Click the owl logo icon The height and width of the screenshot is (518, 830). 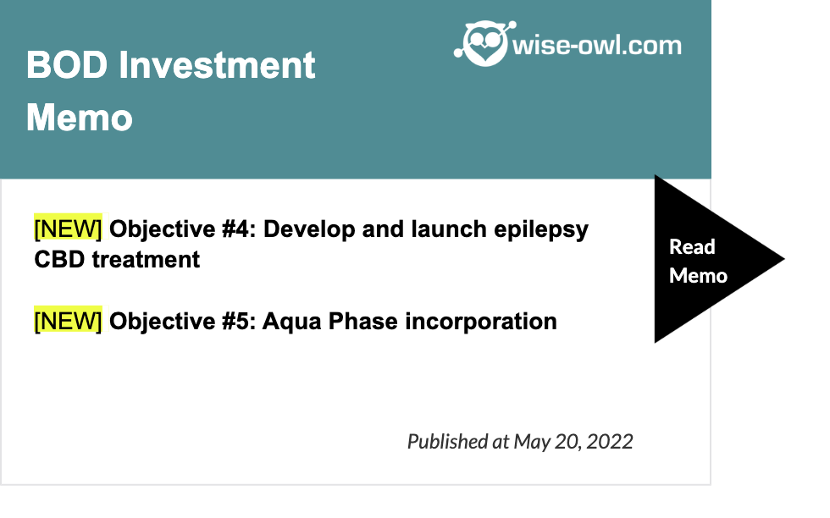(484, 44)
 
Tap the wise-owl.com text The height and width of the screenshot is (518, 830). (597, 46)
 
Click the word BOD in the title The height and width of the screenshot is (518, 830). (67, 65)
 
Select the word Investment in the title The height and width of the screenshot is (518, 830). (217, 65)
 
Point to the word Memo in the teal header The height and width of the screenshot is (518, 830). (80, 118)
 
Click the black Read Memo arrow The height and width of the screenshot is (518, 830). (710, 259)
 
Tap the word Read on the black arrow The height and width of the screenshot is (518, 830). (692, 246)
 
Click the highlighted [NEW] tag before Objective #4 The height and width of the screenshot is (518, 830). (68, 229)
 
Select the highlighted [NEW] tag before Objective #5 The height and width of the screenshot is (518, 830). (68, 321)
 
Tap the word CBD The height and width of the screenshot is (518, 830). (59, 260)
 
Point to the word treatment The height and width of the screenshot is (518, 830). (146, 260)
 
